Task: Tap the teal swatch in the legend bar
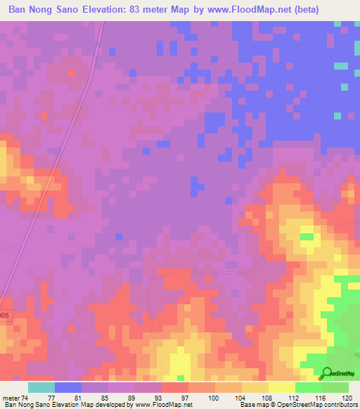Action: pos(41,387)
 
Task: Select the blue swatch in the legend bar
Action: pos(68,387)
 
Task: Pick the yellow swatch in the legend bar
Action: pos(281,387)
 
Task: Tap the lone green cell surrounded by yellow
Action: pos(307,237)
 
